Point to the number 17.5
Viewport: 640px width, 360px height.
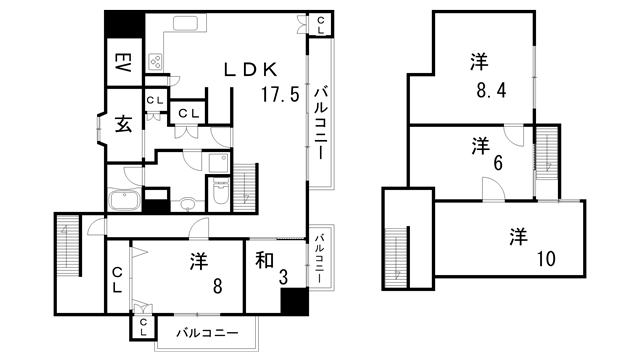click(279, 97)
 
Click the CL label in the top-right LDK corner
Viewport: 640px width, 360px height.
click(319, 24)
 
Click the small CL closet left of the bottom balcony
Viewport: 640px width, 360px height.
click(144, 327)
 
